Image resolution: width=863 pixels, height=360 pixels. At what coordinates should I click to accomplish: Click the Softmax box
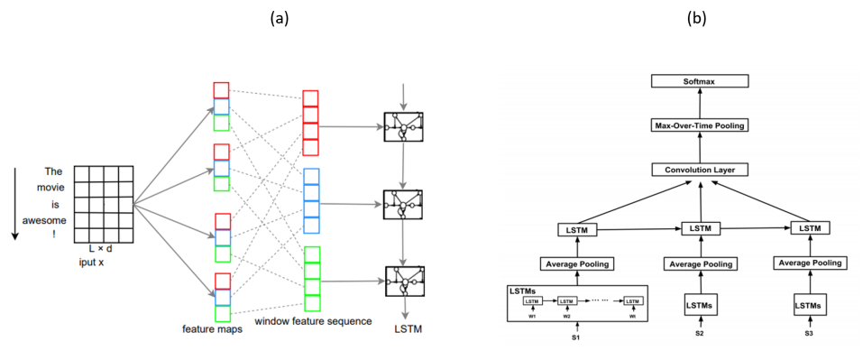[x=701, y=81]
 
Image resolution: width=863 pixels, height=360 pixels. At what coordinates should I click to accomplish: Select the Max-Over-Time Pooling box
[x=701, y=125]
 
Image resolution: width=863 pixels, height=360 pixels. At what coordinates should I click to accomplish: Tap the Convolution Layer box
[x=701, y=170]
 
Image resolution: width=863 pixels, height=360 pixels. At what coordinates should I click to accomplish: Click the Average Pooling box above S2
[x=700, y=263]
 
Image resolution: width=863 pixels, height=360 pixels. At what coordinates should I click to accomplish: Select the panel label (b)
[x=696, y=18]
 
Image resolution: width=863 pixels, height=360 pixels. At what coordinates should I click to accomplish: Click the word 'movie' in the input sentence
[x=54, y=188]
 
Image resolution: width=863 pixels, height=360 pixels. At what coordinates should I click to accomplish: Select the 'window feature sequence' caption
[x=313, y=321]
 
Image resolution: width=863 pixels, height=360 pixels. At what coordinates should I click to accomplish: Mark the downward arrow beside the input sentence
[x=15, y=203]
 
